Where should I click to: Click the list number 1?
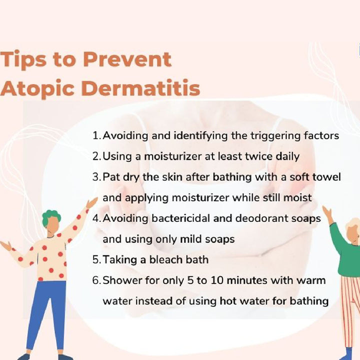coord(95,136)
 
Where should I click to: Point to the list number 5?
coord(96,260)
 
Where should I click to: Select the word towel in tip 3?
coord(327,177)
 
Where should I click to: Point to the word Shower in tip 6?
coord(118,280)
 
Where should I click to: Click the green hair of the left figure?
coord(50,217)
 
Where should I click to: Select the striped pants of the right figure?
coord(350,310)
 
